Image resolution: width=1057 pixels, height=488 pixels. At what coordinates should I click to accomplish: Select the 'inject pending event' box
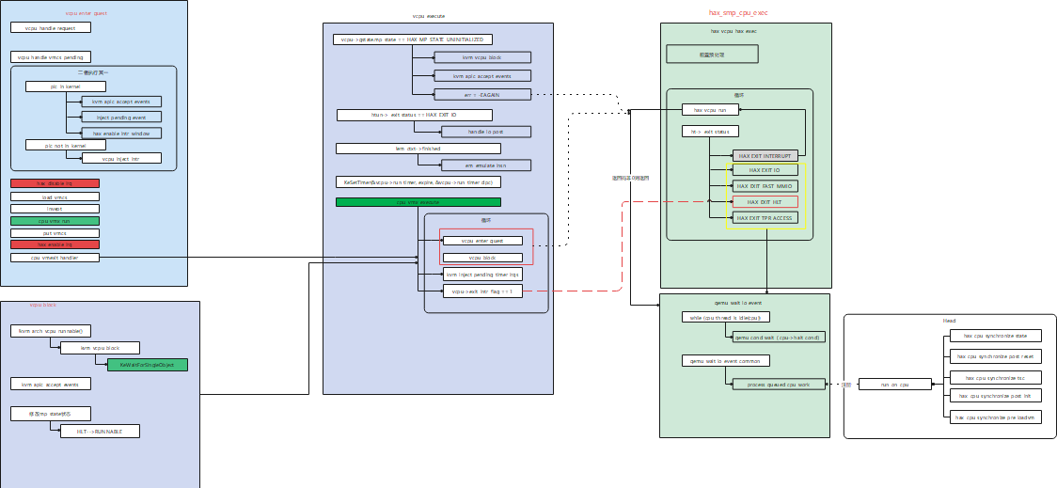point(121,118)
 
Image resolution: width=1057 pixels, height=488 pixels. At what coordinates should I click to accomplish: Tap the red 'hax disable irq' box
point(55,183)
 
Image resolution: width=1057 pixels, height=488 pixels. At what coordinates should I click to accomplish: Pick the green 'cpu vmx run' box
point(55,220)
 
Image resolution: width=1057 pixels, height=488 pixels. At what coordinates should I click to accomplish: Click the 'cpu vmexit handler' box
point(55,257)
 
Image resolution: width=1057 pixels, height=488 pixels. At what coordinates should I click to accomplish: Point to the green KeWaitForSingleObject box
point(148,364)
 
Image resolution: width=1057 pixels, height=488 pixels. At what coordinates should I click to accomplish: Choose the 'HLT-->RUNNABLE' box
point(100,431)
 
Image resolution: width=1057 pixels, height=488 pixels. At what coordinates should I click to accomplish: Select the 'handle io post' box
point(485,132)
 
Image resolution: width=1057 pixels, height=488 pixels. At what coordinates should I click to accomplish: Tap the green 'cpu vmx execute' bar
point(418,202)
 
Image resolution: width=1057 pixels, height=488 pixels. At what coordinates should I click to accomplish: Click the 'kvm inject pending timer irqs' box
point(482,274)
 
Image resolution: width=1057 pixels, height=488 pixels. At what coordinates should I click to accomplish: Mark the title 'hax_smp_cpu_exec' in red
point(744,13)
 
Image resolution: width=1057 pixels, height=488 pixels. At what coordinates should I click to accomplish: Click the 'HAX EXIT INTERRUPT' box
point(765,155)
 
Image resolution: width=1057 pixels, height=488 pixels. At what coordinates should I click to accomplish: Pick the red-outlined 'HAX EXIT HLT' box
point(765,202)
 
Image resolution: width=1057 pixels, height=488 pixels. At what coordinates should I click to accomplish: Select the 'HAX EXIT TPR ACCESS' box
point(765,217)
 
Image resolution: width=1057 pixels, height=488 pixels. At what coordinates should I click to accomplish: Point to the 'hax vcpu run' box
point(709,110)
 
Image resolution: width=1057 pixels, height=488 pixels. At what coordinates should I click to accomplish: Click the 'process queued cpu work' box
point(779,385)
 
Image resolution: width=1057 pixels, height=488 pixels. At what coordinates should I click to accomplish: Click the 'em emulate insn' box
point(484,165)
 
